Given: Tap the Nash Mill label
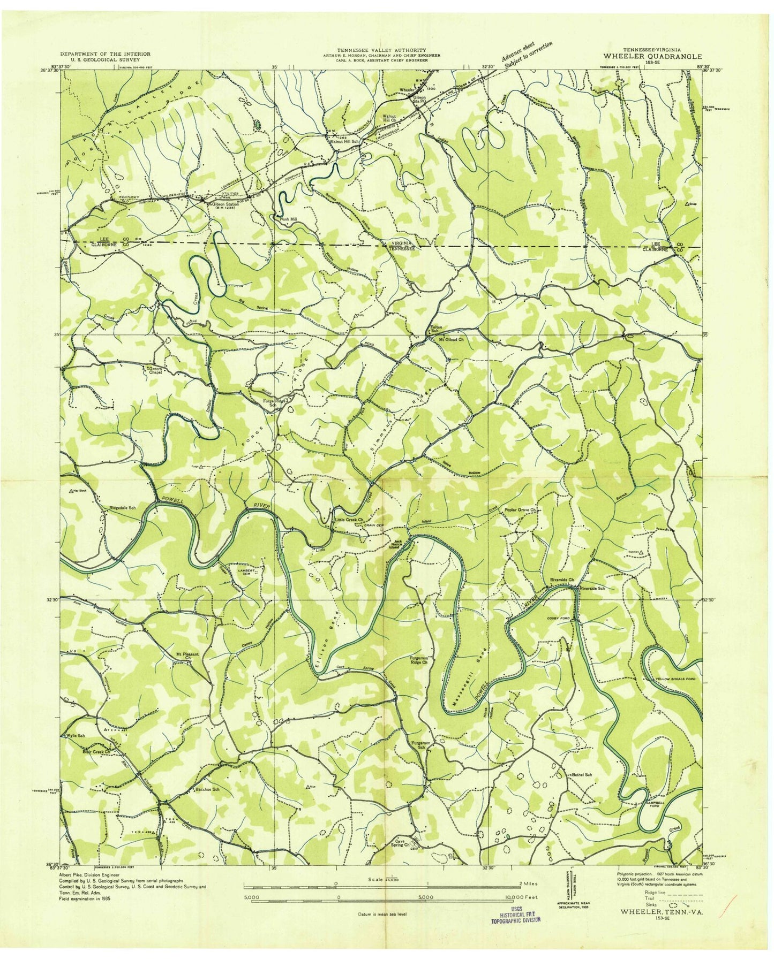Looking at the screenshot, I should pyautogui.click(x=284, y=218).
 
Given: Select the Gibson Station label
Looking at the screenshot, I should pyautogui.click(x=224, y=204).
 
